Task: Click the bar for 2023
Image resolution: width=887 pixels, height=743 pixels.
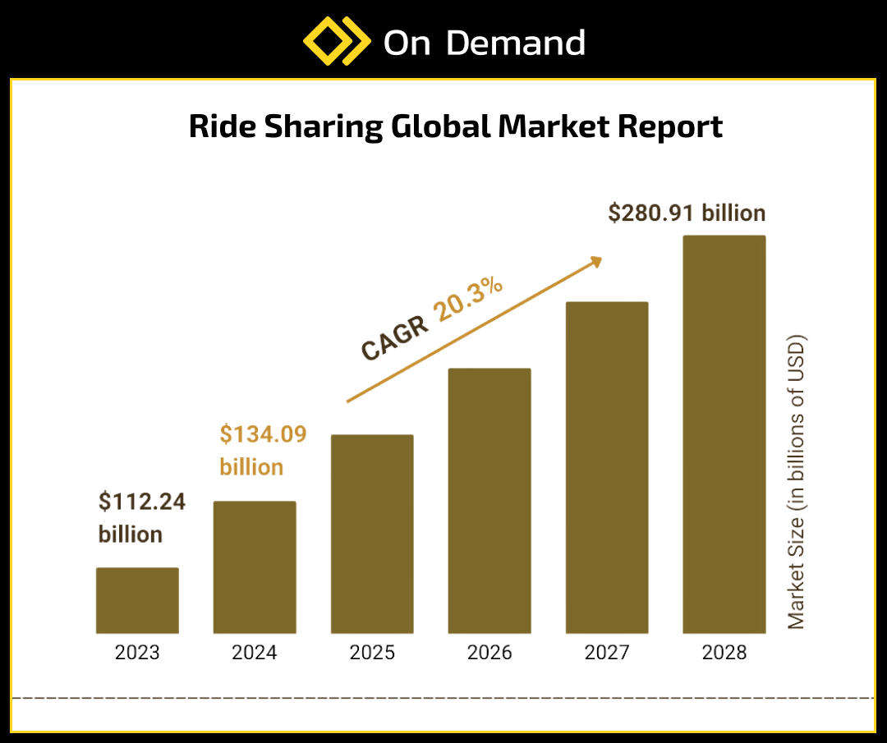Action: (x=137, y=600)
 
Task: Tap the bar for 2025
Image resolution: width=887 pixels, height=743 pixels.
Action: (x=372, y=534)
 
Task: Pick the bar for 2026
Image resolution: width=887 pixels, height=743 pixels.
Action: (x=489, y=501)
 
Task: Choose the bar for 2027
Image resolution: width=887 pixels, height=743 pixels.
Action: (x=607, y=467)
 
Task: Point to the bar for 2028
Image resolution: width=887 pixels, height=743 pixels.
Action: (x=724, y=434)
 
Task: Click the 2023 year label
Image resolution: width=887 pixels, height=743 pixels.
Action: (x=137, y=654)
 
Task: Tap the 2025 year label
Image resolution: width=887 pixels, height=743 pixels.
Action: (x=372, y=654)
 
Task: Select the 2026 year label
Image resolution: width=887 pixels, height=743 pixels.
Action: (x=489, y=654)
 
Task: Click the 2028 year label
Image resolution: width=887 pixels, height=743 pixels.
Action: (x=724, y=654)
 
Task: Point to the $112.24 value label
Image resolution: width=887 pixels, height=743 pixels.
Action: (x=142, y=502)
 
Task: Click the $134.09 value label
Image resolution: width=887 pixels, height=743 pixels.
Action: (x=263, y=434)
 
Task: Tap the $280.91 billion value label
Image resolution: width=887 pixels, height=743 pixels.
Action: (x=687, y=213)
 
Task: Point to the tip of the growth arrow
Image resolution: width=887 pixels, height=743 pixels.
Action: (x=600, y=259)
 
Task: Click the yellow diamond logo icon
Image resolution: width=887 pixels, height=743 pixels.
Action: (x=335, y=41)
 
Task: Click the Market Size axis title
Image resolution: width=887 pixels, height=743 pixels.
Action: (x=797, y=482)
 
